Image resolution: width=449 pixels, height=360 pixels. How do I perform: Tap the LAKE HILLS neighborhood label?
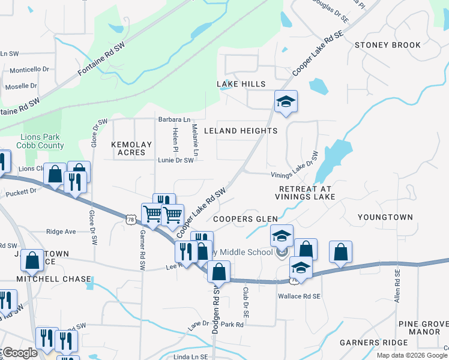[241, 83]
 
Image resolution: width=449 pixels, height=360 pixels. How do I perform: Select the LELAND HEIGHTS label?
[241, 130]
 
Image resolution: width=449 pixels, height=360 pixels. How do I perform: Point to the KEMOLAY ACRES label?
[128, 148]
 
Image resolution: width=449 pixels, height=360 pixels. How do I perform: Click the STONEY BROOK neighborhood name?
[387, 45]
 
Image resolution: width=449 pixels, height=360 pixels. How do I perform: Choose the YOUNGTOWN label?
[385, 217]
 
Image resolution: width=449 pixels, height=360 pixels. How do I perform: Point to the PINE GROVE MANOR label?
[424, 328]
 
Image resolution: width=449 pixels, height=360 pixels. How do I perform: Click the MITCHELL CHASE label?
[54, 279]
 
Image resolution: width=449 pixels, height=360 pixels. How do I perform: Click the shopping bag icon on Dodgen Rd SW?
[219, 272]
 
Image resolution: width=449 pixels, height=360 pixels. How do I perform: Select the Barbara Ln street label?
[174, 119]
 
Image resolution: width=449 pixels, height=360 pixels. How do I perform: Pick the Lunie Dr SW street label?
[176, 160]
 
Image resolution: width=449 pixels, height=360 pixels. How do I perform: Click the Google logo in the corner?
[19, 353]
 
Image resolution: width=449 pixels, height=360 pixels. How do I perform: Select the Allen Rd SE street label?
[397, 286]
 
